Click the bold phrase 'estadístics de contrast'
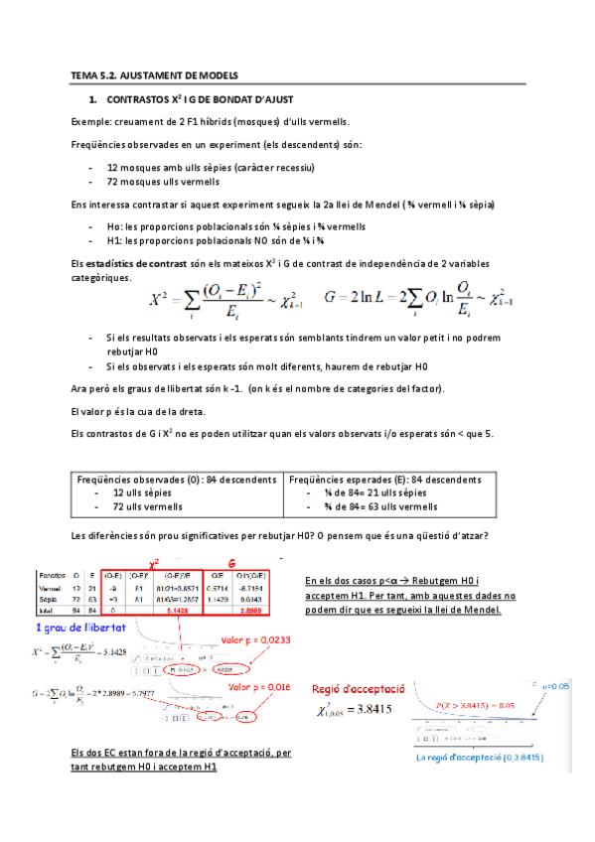coord(132,262)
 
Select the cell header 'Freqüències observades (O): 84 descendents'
coord(177,480)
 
